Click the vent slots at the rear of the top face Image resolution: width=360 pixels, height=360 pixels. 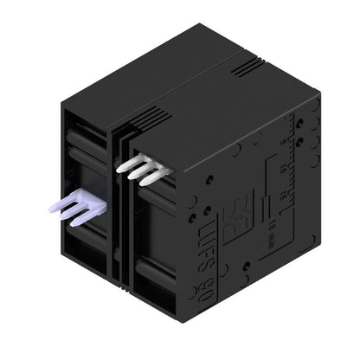point(247,64)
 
